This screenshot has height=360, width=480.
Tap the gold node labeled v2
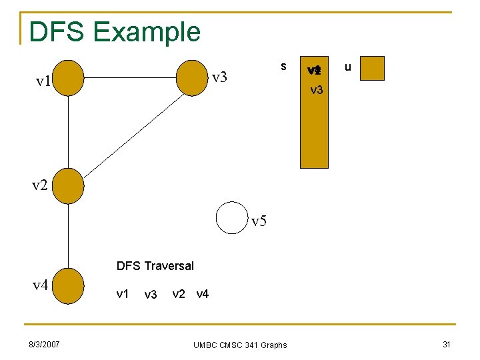[69, 184]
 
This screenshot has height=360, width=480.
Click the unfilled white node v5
[232, 218]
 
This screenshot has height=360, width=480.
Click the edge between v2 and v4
[69, 235]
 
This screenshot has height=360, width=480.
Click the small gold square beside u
[373, 68]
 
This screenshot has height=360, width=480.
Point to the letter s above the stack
[283, 66]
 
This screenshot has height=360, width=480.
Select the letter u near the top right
[347, 67]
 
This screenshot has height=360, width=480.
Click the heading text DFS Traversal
[155, 266]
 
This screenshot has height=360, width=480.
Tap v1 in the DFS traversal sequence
[123, 293]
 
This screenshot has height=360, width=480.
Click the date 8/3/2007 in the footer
[44, 344]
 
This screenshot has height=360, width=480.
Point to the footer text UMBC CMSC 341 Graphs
[240, 345]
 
